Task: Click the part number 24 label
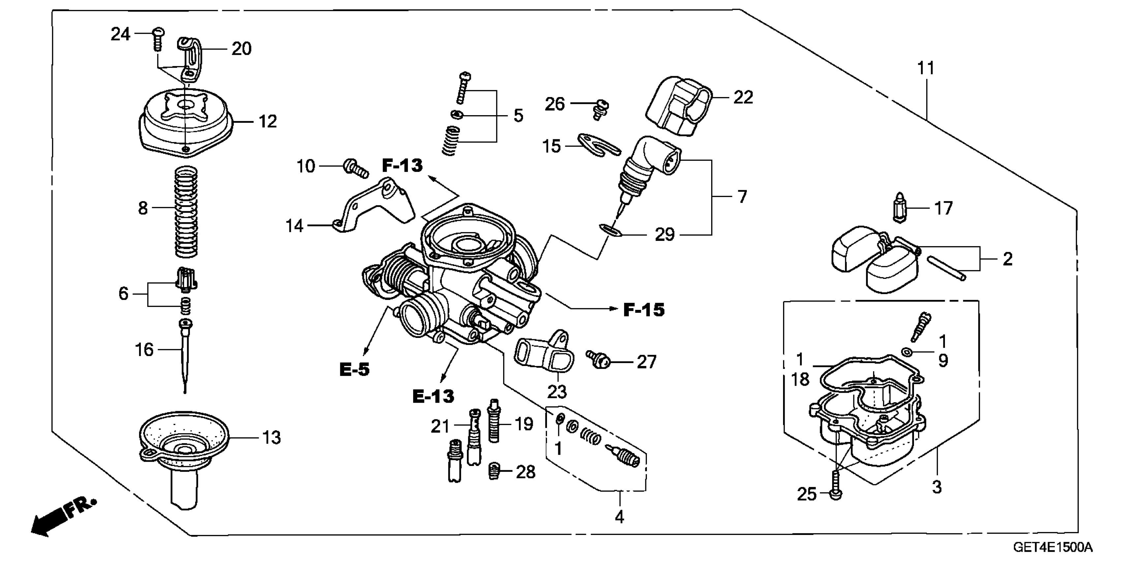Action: pos(120,34)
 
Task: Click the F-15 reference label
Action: pos(644,310)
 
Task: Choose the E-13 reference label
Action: pos(433,396)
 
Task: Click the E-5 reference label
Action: pos(354,370)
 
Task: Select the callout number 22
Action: pos(743,97)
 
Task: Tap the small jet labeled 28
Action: pos(494,471)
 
